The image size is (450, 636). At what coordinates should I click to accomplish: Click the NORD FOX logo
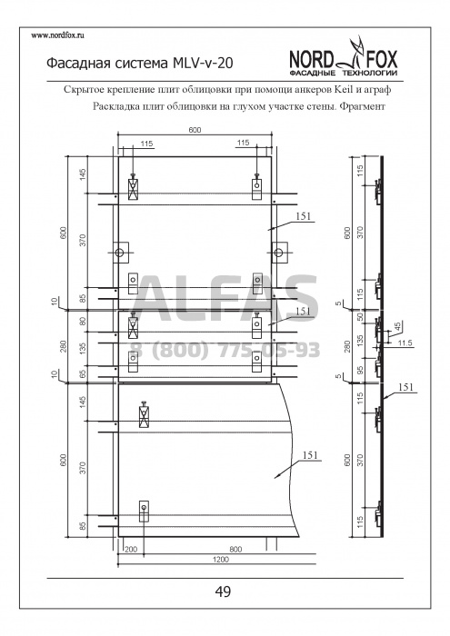point(344,58)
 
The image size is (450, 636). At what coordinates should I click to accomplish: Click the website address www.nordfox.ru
point(57,35)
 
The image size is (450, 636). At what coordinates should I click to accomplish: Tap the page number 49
point(223,591)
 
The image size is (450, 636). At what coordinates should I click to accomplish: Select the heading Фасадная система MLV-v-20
point(140,64)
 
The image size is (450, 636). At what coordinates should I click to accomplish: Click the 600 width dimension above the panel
point(195,130)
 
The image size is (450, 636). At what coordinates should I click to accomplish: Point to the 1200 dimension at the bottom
point(220,560)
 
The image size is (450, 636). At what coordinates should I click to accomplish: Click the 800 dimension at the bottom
point(235,550)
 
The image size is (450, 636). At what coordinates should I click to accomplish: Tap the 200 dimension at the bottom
point(131,550)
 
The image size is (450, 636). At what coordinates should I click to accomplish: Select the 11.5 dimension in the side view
point(405,343)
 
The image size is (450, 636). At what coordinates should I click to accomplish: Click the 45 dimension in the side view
point(397,325)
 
